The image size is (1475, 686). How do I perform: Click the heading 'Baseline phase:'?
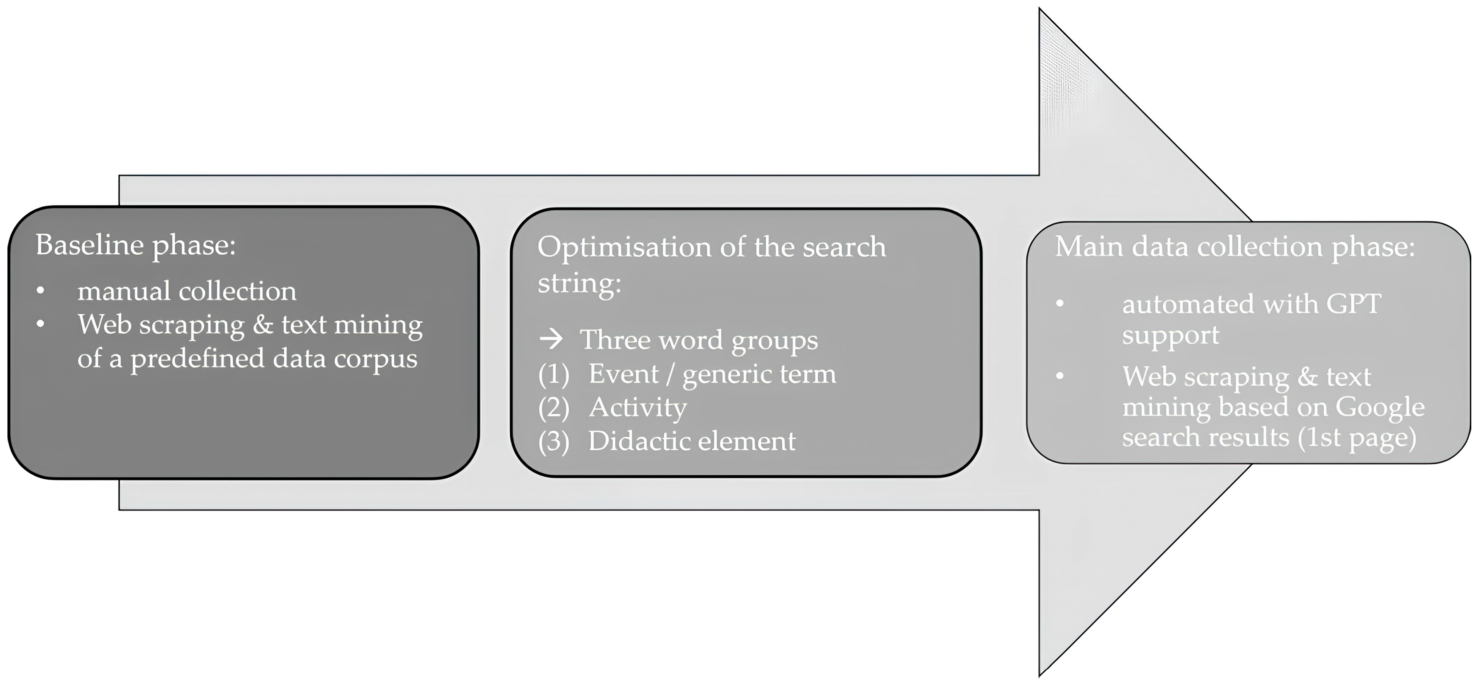click(x=136, y=245)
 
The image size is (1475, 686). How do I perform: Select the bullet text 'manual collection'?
click(x=187, y=292)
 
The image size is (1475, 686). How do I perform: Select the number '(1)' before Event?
click(x=554, y=375)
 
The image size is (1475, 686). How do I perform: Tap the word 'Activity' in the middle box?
click(x=637, y=408)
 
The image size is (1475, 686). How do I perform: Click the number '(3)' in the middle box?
click(x=554, y=442)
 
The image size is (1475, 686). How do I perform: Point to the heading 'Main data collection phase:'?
click(x=1234, y=247)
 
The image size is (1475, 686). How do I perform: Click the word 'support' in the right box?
click(x=1170, y=335)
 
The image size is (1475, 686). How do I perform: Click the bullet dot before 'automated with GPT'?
click(x=1060, y=304)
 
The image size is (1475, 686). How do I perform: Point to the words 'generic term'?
click(x=759, y=375)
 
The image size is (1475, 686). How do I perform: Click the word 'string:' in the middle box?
click(x=579, y=283)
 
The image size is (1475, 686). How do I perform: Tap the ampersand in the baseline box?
click(x=263, y=325)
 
